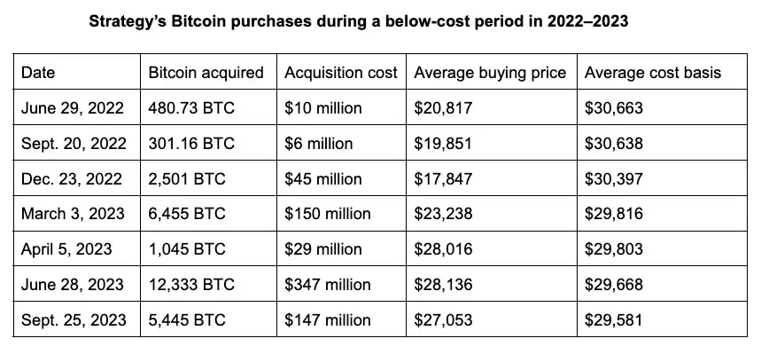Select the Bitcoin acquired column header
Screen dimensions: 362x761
[x=206, y=73]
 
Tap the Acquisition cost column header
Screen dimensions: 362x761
[x=341, y=73]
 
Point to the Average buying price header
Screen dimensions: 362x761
[x=490, y=73]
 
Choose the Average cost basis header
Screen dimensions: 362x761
[x=653, y=73]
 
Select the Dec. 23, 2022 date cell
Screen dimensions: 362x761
[x=70, y=179]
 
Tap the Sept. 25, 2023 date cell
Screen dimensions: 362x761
[x=74, y=320]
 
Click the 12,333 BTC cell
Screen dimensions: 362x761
[x=191, y=285]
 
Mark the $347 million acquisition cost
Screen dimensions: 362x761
[x=327, y=285]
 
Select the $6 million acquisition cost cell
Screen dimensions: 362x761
[x=319, y=144]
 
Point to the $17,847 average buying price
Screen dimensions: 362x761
[x=444, y=179]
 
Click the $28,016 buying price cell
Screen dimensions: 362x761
[x=444, y=249]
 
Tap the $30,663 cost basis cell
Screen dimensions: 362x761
[x=614, y=108]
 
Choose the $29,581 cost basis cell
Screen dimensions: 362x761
[x=614, y=320]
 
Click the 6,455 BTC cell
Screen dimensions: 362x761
[x=187, y=214]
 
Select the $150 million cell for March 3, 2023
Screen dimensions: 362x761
[x=328, y=214]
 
